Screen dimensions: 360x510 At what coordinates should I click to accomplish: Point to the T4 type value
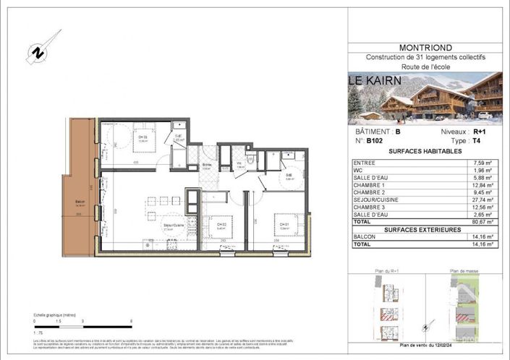pyautogui.click(x=477, y=142)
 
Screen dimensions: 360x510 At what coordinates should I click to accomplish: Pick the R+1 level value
pyautogui.click(x=479, y=132)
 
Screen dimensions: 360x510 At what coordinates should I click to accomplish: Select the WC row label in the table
pyautogui.click(x=359, y=172)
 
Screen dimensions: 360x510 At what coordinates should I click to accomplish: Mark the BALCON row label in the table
pyautogui.click(x=365, y=237)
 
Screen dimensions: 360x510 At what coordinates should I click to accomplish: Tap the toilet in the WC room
pyautogui.click(x=248, y=160)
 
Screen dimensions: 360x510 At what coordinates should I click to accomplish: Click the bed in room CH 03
pyautogui.click(x=144, y=138)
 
